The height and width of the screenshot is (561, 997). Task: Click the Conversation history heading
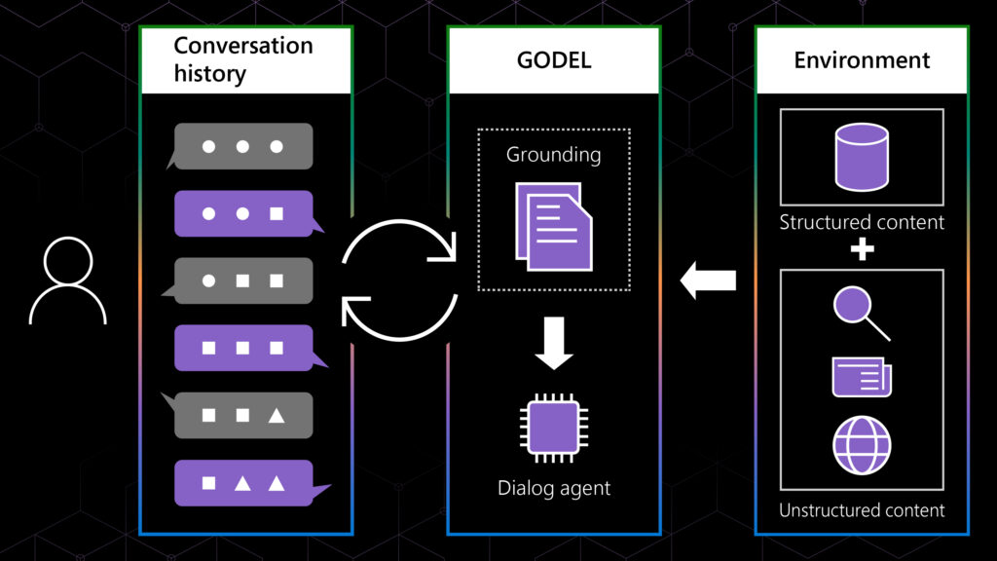pyautogui.click(x=243, y=59)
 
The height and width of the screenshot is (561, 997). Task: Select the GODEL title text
pyautogui.click(x=553, y=60)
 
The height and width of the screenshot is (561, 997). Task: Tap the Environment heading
pyautogui.click(x=862, y=60)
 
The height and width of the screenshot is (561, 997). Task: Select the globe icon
pyautogui.click(x=862, y=445)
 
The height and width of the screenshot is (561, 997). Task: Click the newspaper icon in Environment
pyautogui.click(x=862, y=377)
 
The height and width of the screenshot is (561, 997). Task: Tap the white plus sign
pyautogui.click(x=862, y=249)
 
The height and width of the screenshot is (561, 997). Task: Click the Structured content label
pyautogui.click(x=862, y=222)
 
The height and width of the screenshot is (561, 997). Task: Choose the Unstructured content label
pyautogui.click(x=862, y=510)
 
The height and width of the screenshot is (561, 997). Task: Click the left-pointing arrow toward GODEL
pyautogui.click(x=708, y=280)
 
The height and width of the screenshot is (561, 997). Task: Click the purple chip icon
pyautogui.click(x=553, y=428)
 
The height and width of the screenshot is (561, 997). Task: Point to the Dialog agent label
pyautogui.click(x=553, y=487)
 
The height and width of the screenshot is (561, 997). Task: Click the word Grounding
pyautogui.click(x=553, y=154)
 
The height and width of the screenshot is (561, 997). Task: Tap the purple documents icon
pyautogui.click(x=552, y=226)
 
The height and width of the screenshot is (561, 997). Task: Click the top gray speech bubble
pyautogui.click(x=242, y=146)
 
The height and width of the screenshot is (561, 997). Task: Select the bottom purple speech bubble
pyautogui.click(x=243, y=482)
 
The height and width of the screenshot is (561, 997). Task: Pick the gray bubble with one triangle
pyautogui.click(x=242, y=415)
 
